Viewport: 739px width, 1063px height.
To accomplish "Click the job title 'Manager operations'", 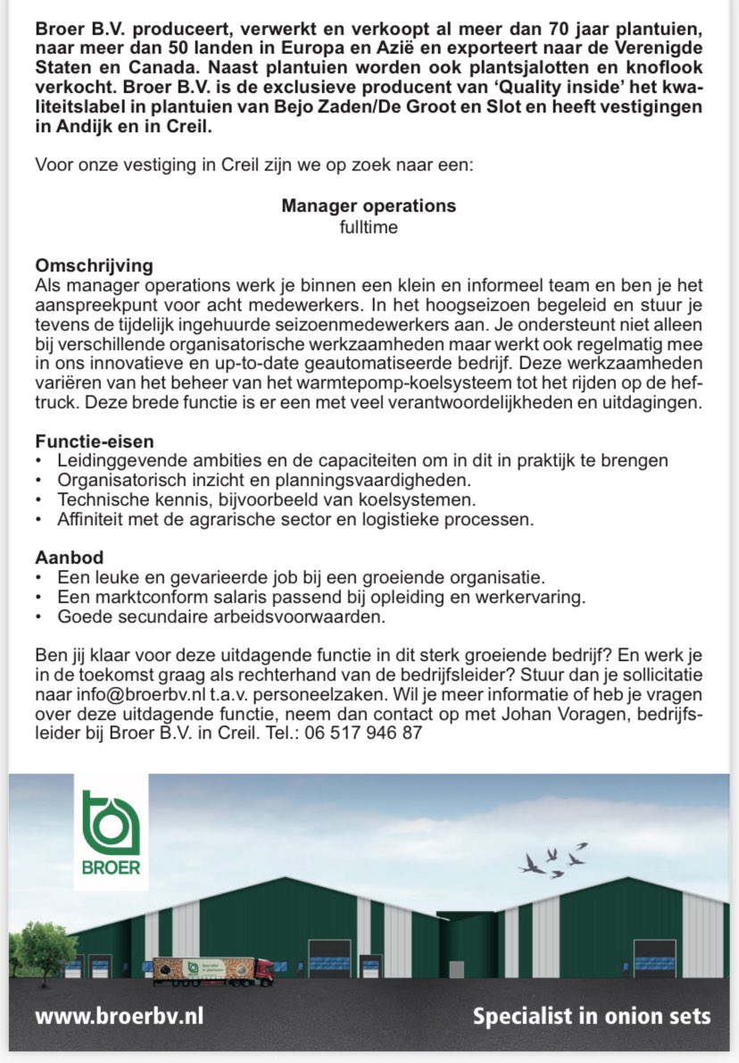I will (369, 206).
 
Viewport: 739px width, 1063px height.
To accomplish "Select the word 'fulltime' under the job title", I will (369, 227).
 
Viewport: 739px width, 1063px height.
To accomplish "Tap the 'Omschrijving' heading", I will (95, 266).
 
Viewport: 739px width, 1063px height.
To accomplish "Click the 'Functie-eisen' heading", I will (95, 441).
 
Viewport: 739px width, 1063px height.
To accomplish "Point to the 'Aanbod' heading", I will (70, 557).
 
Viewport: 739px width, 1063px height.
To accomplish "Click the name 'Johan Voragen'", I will (543, 712).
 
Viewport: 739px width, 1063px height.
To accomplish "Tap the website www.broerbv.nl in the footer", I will (120, 1017).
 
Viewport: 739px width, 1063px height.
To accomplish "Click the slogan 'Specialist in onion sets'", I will (592, 1017).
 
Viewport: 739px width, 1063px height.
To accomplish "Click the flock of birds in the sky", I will (555, 859).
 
